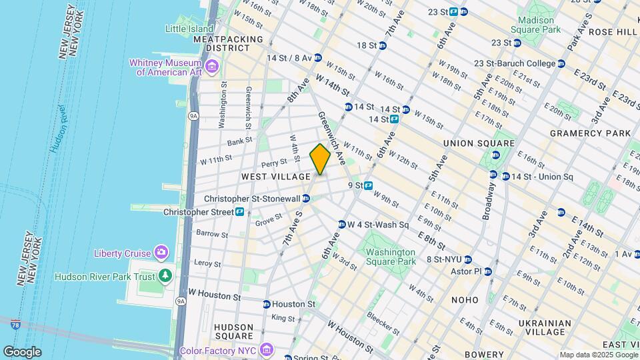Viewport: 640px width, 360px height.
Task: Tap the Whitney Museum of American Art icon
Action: pos(212,66)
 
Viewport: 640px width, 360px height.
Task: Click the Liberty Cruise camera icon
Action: pos(161,252)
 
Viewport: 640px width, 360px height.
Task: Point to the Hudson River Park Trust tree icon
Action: pos(165,276)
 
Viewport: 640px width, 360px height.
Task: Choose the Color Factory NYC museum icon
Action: pos(267,349)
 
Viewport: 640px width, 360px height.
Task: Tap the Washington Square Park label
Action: pos(391,257)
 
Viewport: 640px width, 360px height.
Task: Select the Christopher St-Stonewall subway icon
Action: pos(305,199)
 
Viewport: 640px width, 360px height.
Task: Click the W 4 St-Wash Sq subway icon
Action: pos(342,225)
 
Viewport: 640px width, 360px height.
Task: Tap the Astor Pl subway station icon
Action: pos(488,271)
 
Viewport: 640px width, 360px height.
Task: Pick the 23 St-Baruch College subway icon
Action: pos(561,64)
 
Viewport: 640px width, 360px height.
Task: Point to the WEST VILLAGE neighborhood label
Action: pos(276,177)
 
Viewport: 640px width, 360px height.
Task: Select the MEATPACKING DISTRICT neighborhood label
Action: pos(229,44)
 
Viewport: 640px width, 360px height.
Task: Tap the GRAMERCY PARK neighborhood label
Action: pos(590,133)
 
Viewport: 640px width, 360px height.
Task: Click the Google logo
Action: pos(22,351)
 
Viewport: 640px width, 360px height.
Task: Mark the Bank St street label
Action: pos(239,141)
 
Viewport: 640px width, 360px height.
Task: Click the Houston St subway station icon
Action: pos(267,304)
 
